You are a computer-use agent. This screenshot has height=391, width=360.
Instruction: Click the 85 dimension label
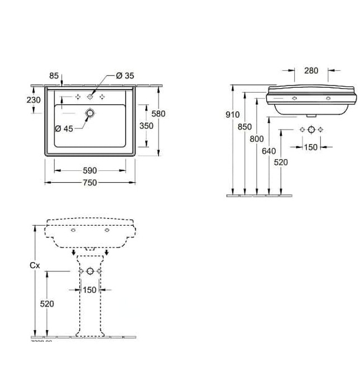click(x=54, y=75)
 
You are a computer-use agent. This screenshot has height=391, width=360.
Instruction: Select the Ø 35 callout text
click(x=125, y=75)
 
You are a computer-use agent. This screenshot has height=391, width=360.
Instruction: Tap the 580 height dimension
click(x=159, y=113)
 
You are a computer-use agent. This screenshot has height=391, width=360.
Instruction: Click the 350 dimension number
click(x=146, y=126)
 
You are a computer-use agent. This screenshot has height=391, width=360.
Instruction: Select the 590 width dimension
click(x=89, y=170)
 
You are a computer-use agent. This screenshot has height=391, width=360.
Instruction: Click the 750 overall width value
click(x=89, y=182)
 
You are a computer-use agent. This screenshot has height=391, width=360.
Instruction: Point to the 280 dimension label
click(x=311, y=70)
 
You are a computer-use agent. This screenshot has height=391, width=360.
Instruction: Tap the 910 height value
click(x=232, y=115)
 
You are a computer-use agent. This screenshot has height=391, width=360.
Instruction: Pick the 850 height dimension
click(x=244, y=127)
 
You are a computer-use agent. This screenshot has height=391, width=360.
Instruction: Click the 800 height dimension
click(x=257, y=139)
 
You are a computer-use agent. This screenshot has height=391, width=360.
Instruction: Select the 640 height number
click(x=269, y=150)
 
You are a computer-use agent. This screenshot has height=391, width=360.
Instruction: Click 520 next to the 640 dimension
click(x=282, y=162)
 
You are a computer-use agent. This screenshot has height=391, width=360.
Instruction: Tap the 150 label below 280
click(x=310, y=147)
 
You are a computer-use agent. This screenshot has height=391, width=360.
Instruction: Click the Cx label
click(x=35, y=266)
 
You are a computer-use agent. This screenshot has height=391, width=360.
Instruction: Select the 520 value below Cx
click(x=47, y=303)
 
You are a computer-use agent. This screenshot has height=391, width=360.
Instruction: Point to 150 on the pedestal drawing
click(x=89, y=289)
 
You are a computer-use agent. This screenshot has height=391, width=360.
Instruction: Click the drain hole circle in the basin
click(x=89, y=113)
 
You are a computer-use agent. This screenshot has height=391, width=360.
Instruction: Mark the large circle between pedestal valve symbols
click(x=89, y=271)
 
